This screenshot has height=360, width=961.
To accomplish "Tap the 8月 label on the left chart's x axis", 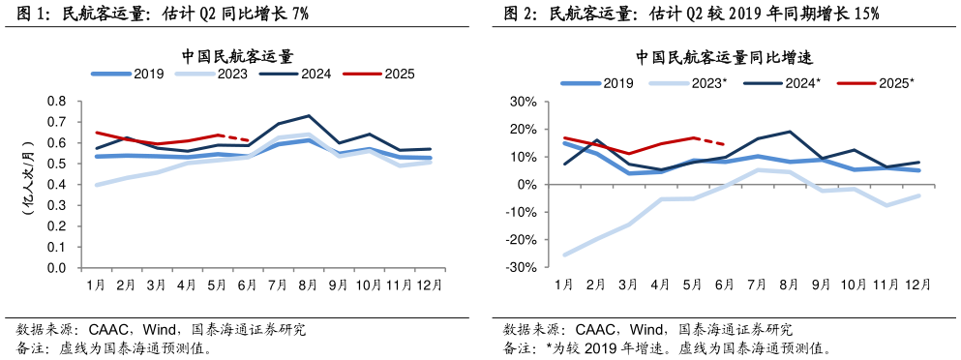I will tap(308, 285).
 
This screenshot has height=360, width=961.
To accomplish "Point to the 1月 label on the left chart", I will tap(96, 285).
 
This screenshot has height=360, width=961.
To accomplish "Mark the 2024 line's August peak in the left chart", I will tap(308, 115).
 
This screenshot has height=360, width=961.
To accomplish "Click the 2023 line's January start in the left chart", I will tap(96, 184).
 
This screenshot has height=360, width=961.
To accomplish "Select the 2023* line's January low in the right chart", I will tap(564, 255).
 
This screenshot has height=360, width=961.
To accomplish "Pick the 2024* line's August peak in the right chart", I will tap(790, 132).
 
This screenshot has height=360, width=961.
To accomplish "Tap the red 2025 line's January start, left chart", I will tap(96, 133).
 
